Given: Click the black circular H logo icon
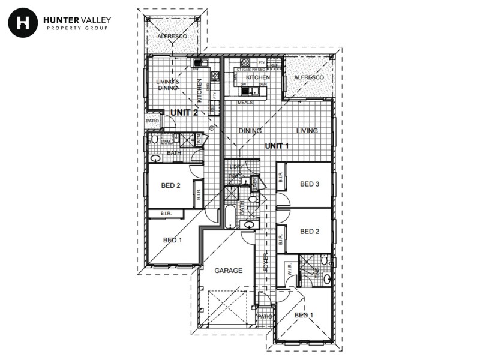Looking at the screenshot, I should coord(23,23).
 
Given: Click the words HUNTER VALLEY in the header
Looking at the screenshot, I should coord(77,20).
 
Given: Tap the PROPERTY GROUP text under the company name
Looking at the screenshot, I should coord(77,28).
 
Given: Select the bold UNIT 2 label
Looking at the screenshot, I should coord(184,112).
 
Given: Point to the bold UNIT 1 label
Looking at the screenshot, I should coord(278,146).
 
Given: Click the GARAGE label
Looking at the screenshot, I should coord(229,271).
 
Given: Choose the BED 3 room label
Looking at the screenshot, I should coord(310,184).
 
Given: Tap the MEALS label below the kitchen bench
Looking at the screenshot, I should coord(245,103).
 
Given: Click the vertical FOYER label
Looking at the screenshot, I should coord(265,262).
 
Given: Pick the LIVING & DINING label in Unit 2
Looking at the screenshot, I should coord(167,85).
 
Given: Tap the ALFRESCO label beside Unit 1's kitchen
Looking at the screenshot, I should coord(309,78).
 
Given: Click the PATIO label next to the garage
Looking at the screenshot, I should coord(265,316).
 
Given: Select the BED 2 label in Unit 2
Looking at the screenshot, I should coord(171,186).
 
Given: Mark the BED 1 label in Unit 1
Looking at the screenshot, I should coord(304,315).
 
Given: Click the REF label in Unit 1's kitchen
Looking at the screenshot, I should coord(274,65).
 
